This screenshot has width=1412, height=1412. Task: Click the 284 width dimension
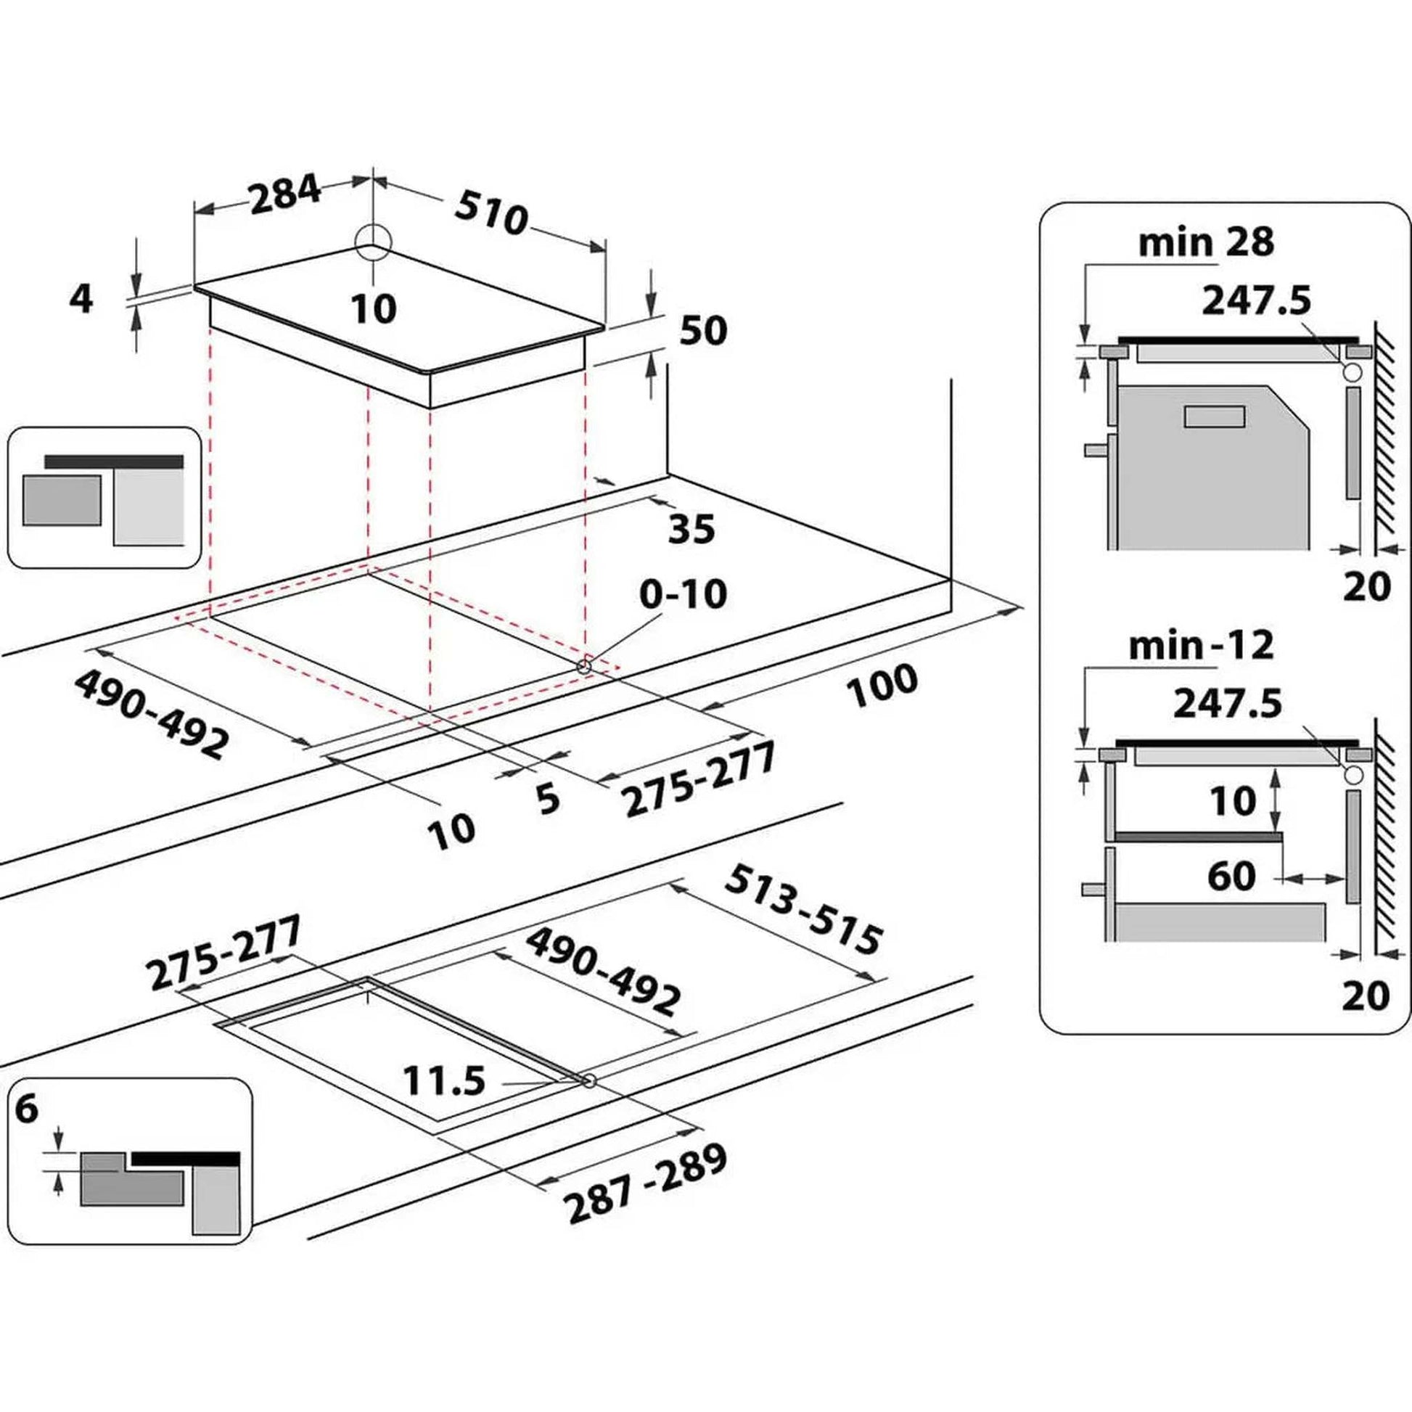click(285, 194)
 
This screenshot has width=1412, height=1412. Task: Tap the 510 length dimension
click(491, 214)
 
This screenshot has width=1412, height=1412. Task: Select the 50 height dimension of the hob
click(703, 331)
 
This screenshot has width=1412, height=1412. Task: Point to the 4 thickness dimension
click(81, 300)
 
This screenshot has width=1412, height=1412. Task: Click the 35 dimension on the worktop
click(691, 528)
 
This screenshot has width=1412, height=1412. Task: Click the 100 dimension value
click(882, 686)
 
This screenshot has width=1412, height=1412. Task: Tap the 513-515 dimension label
click(804, 909)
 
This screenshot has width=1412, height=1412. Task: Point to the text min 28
click(1206, 242)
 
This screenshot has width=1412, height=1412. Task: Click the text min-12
click(1201, 645)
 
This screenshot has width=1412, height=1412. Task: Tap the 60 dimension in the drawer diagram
click(1231, 876)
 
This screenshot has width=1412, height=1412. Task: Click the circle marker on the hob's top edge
click(374, 242)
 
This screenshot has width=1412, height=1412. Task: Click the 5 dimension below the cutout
click(547, 799)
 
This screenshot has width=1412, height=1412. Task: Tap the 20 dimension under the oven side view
click(1366, 586)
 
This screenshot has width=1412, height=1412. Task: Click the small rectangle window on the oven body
click(1214, 416)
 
